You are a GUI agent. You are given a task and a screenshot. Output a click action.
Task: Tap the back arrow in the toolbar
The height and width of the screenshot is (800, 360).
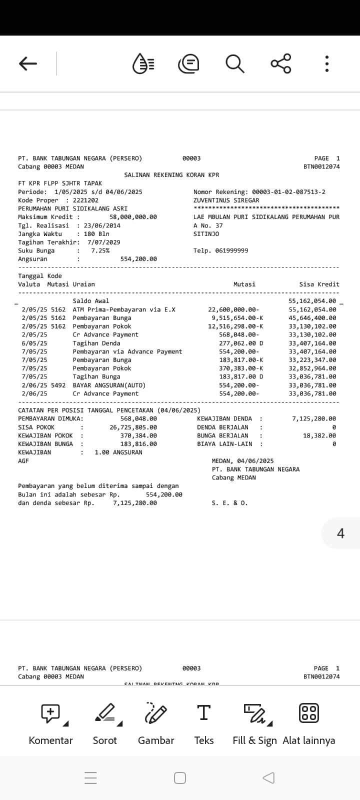coord(28,63)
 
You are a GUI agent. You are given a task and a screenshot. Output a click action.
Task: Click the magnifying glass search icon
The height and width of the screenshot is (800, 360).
coord(234,63)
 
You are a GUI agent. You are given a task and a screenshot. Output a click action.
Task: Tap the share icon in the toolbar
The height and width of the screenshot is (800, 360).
coord(280,63)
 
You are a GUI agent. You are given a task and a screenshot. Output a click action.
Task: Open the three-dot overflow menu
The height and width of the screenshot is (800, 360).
coord(326,63)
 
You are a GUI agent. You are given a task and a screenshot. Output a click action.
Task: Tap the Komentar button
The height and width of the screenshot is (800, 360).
coord(50,722)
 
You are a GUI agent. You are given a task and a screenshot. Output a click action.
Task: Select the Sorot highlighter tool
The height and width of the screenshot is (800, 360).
coord(105,722)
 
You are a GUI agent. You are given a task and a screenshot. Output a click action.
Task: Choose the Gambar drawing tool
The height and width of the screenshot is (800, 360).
coord(156,722)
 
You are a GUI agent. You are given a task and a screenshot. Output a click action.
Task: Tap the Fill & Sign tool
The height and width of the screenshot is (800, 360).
coord(254,722)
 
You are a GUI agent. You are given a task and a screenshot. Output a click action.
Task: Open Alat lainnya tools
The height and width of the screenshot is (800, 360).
coord(308,722)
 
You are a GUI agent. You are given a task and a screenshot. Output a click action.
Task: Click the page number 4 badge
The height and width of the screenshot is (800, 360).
coord(340,533)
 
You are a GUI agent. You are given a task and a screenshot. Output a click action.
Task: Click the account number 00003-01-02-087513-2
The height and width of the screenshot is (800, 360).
coord(288,192)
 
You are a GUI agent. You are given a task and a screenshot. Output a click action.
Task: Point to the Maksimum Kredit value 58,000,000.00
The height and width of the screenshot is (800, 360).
coord(133,217)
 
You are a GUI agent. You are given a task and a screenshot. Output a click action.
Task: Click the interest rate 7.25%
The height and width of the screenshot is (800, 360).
coord(100,250)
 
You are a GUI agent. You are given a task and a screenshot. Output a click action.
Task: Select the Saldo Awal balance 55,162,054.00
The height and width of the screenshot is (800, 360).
coord(312,301)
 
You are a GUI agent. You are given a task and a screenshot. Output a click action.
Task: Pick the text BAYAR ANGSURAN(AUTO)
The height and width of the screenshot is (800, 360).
coord(109,385)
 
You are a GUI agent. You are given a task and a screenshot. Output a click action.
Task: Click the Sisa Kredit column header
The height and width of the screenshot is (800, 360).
coord(319,284)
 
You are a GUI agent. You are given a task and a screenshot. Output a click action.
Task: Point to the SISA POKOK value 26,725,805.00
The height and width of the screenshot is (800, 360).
coord(133,427)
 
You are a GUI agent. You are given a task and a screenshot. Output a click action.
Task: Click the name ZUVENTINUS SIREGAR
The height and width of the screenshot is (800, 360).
coord(226,200)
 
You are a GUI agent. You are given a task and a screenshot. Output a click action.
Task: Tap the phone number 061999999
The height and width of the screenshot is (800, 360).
coord(231,250)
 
